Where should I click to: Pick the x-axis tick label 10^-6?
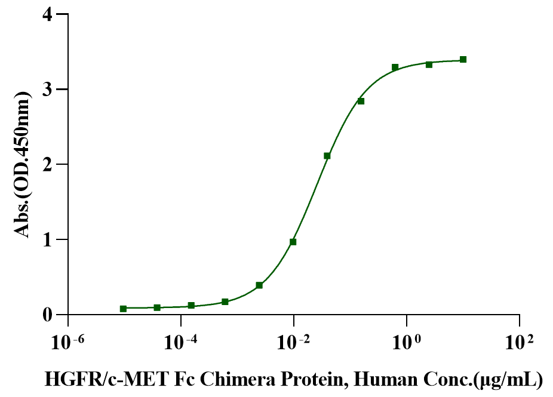(x=67, y=343)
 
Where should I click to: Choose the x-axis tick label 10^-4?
(x=180, y=343)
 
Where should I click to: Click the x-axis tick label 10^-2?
(x=293, y=343)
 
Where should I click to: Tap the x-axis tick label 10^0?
(x=406, y=343)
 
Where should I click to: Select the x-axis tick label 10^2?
(x=518, y=343)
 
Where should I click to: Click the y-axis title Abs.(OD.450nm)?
(x=23, y=164)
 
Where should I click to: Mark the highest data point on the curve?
(x=463, y=60)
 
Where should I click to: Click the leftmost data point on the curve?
(x=123, y=309)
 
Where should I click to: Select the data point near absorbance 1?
(x=293, y=242)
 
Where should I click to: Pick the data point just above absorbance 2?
(x=327, y=156)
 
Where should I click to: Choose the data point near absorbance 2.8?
(x=361, y=101)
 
